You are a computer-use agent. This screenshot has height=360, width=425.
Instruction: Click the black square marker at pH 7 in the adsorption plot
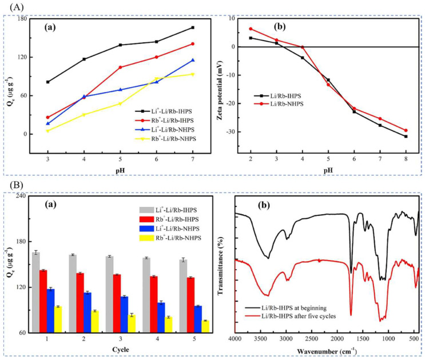pyautogui.click(x=192, y=27)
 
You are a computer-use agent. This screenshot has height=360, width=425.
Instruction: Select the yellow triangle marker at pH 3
pyautogui.click(x=47, y=131)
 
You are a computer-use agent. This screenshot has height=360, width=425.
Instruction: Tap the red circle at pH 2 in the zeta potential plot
pyautogui.click(x=251, y=29)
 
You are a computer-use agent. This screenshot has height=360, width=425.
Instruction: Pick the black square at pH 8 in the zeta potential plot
pyautogui.click(x=406, y=137)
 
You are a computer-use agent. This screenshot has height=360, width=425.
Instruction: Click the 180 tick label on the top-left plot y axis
pyautogui.click(x=22, y=19)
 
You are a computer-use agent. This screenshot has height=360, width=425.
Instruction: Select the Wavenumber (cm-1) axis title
pyautogui.click(x=326, y=350)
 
